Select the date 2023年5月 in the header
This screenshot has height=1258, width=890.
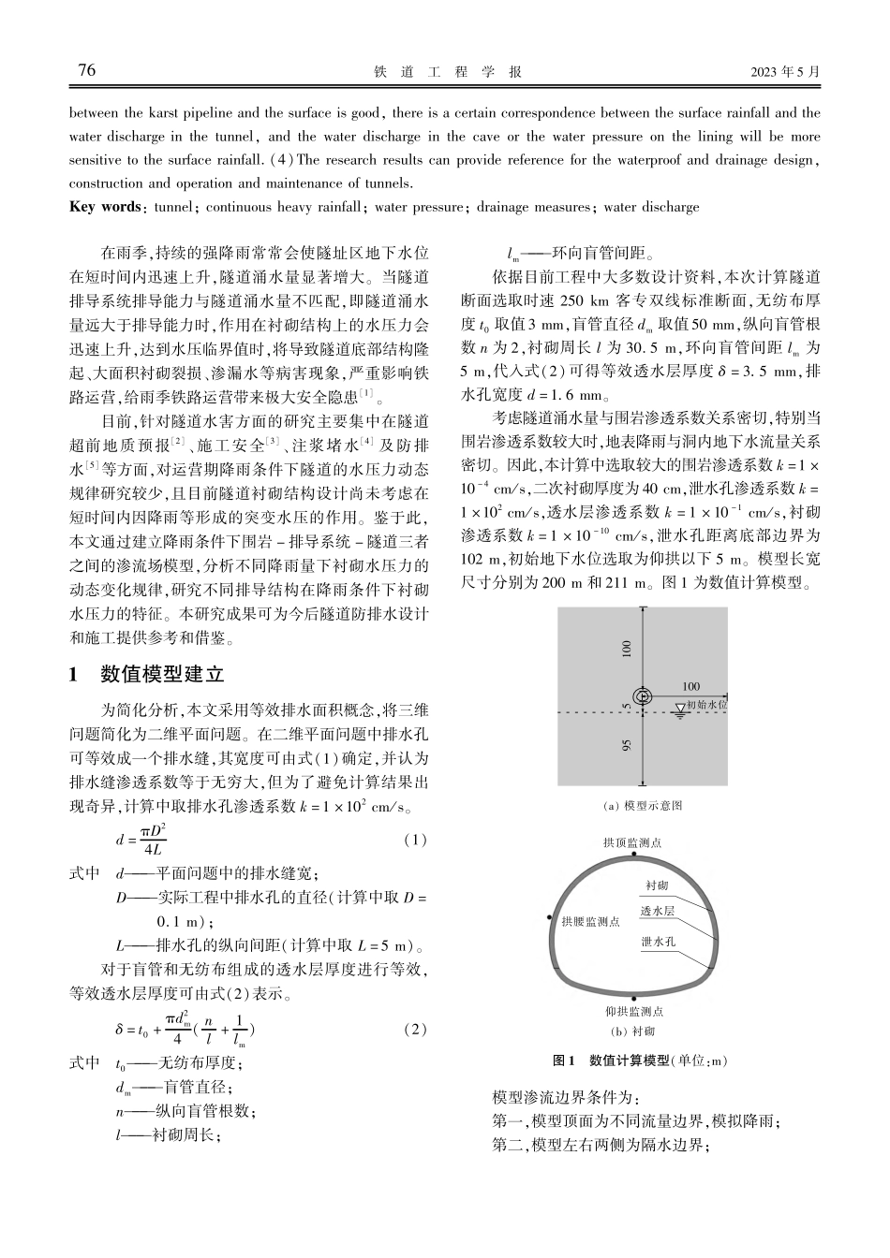point(785,72)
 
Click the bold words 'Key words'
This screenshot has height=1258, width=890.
point(104,207)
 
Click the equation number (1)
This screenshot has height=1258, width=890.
point(415,840)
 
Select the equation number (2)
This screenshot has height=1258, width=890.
point(415,1030)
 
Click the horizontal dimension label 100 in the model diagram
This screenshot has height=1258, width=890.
point(690,686)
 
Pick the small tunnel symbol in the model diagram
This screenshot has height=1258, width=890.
point(643,696)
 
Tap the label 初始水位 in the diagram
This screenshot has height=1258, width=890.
point(707,703)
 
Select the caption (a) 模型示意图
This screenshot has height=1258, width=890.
point(642,805)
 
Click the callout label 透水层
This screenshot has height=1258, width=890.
point(657,911)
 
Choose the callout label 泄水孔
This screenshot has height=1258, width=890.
point(658,942)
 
